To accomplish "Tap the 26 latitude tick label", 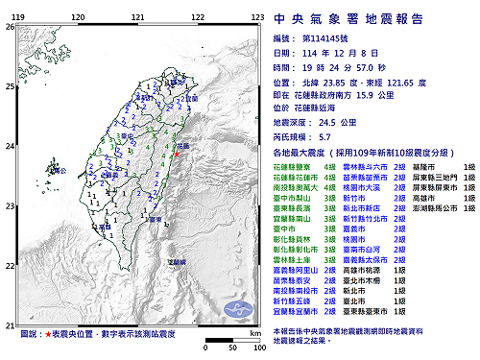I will click(9, 27).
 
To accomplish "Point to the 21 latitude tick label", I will click(9, 325).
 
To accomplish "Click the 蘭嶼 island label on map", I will click(176, 261).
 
